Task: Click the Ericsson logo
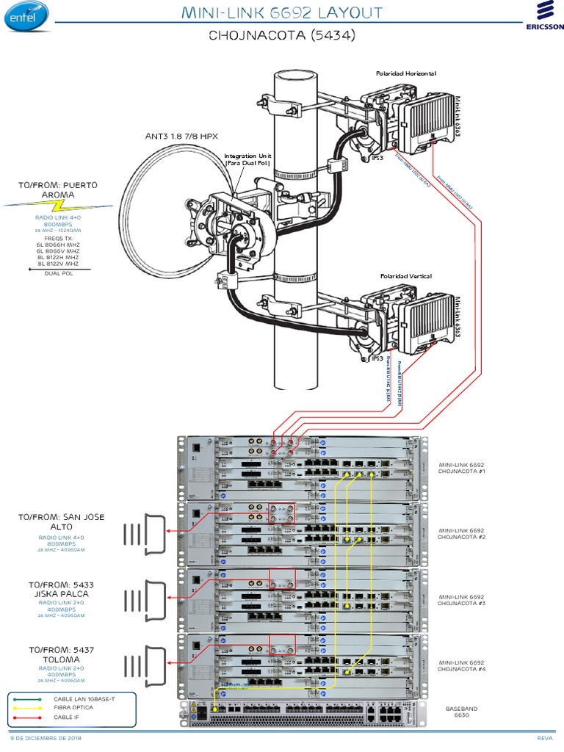(544, 17)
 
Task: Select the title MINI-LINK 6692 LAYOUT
(282, 12)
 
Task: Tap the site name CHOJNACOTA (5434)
(282, 35)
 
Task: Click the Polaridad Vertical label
(405, 276)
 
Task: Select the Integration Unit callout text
(248, 160)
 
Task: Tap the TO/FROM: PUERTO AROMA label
(59, 189)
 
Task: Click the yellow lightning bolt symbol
(59, 205)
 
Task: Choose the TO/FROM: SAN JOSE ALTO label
(62, 521)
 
